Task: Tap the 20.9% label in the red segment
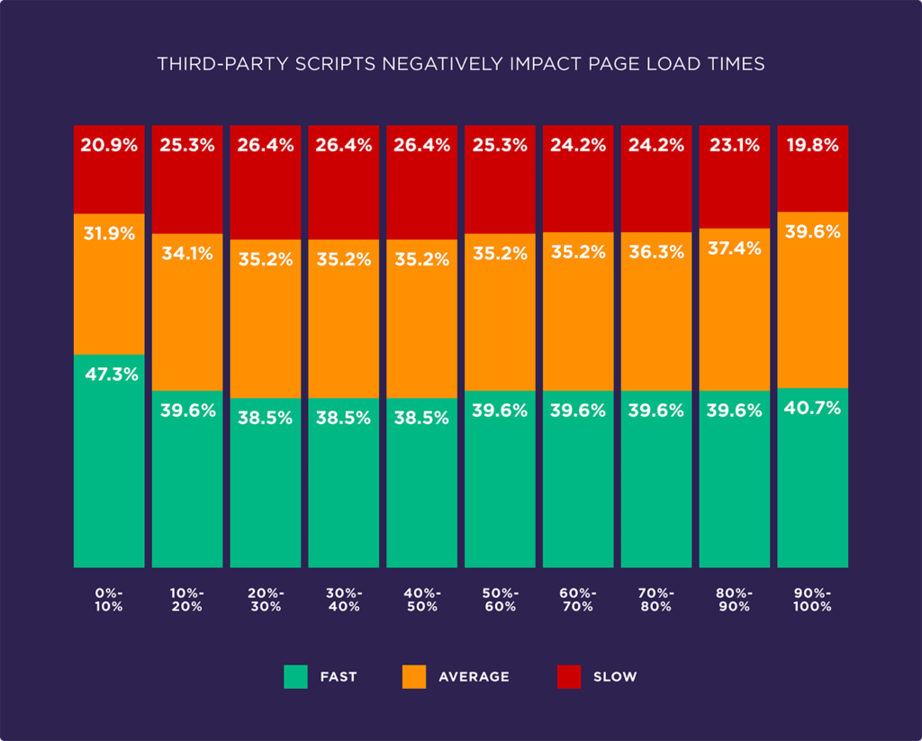(x=109, y=145)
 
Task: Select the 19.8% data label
(x=812, y=145)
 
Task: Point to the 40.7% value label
(x=812, y=408)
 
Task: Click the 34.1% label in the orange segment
(x=187, y=253)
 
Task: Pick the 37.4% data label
(x=734, y=249)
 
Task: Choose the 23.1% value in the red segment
(x=734, y=145)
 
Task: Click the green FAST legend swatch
(x=296, y=676)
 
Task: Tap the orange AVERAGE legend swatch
(x=414, y=676)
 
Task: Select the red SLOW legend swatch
(x=569, y=676)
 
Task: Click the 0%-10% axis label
(x=109, y=600)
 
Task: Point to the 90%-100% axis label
(x=812, y=600)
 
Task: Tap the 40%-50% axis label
(x=421, y=600)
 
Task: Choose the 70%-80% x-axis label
(x=655, y=600)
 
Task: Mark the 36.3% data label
(x=655, y=253)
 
